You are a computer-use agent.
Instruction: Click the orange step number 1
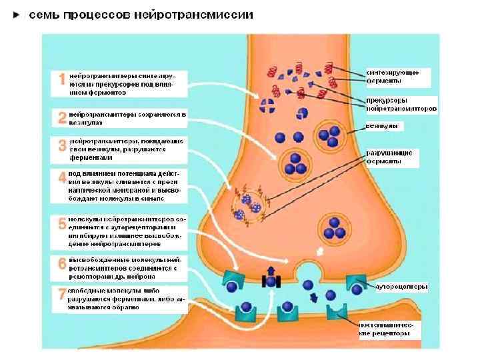(x=62, y=80)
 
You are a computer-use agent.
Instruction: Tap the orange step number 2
(x=62, y=118)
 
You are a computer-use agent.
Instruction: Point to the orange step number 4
(x=62, y=179)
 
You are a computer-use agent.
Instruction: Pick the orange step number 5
(x=62, y=223)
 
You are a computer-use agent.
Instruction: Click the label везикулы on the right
(x=383, y=125)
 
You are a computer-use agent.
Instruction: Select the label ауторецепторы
(x=401, y=287)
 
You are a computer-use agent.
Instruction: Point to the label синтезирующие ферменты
(x=393, y=75)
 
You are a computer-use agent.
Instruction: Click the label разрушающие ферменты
(x=391, y=157)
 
